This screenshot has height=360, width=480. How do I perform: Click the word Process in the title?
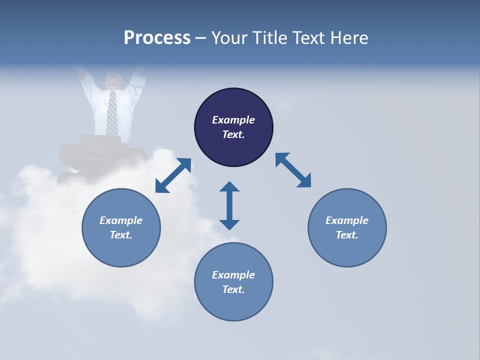coord(157,38)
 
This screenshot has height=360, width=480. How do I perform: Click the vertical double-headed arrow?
coord(229,206)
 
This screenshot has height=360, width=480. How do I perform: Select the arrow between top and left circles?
coord(173,175)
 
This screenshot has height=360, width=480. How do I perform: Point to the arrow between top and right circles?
coord(293,170)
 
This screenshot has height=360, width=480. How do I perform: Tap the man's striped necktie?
coord(112,113)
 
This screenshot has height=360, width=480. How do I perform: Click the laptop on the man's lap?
coord(100,142)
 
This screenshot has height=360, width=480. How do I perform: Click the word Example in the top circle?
coord(233,120)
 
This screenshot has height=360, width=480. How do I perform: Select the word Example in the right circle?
coord(347,220)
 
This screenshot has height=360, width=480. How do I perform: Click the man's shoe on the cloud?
coord(67,177)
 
